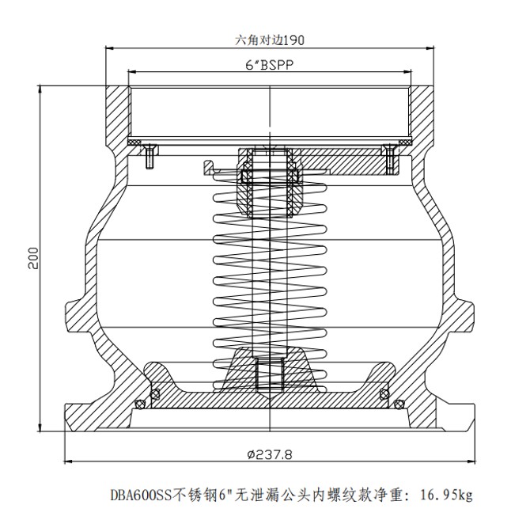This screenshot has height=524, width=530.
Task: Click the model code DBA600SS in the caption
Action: pyautogui.click(x=139, y=496)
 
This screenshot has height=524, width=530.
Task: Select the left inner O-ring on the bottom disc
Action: pyautogui.click(x=156, y=393)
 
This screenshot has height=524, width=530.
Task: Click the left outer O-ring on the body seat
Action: pyautogui.click(x=140, y=404)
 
